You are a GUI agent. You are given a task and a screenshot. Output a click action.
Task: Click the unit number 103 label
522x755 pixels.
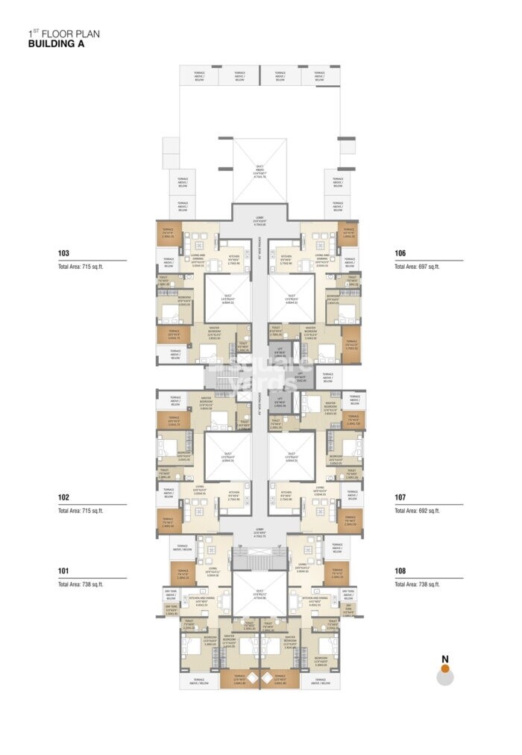[x=63, y=253]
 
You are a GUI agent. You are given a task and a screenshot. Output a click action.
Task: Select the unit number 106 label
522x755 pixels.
[x=400, y=253]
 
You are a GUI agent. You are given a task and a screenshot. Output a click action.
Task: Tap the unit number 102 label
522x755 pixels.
[x=63, y=497]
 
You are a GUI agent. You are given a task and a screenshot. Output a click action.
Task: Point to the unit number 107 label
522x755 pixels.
[x=400, y=497]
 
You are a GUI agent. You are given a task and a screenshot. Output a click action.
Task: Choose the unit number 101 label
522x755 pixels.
[x=63, y=571]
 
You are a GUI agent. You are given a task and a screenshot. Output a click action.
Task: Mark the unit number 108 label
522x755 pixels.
[x=400, y=571]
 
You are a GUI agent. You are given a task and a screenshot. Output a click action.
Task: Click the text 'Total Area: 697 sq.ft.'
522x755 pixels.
[x=417, y=267]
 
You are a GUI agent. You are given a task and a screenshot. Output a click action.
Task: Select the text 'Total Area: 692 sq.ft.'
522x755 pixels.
[x=417, y=511]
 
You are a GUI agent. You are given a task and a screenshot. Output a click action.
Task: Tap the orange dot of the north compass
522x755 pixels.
[x=445, y=670]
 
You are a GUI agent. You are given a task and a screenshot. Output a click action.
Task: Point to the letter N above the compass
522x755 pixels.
[x=445, y=659]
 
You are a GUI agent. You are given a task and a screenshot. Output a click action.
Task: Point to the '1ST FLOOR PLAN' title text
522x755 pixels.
[x=63, y=33]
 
